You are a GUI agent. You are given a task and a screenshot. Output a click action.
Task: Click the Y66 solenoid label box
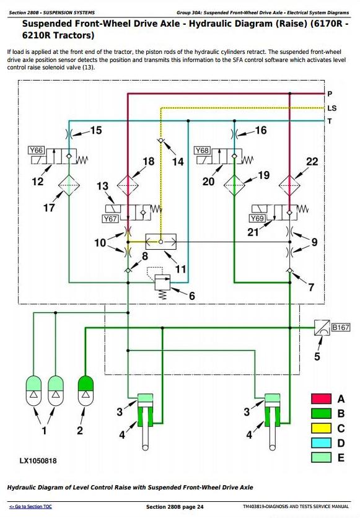coord(36,151)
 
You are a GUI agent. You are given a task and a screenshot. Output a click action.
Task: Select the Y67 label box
coord(110,219)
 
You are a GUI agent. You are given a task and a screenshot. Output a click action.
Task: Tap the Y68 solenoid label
coord(201,151)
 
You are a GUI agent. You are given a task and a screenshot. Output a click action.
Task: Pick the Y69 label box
coord(257,218)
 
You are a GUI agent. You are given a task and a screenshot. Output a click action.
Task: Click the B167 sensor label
coord(340,327)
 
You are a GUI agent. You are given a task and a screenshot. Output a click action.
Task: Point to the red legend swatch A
coord(321,399)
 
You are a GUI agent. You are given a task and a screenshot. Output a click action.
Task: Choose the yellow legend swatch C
coord(321,428)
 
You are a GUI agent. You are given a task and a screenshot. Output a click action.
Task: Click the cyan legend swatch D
coord(321,442)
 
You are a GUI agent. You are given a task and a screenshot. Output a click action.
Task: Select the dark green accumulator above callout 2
coord(86,391)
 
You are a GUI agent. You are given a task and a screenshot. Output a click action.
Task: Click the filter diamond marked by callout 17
coord(69,185)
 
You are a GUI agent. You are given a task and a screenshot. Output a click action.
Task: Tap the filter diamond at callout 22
coord(289,185)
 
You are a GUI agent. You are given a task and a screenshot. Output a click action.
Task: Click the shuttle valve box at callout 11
coord(161,242)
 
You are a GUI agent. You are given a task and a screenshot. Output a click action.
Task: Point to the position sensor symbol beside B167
coord(322,327)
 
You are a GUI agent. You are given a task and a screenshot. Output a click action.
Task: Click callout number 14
coord(178,162)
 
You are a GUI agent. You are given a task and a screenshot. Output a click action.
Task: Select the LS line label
coord(332,108)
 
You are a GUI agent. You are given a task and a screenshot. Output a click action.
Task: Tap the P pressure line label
coord(330,94)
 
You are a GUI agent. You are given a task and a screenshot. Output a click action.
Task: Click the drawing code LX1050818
coord(38,460)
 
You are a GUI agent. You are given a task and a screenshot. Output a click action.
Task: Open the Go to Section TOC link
coord(30,506)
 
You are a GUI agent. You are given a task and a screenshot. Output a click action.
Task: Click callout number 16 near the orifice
coord(261,130)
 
